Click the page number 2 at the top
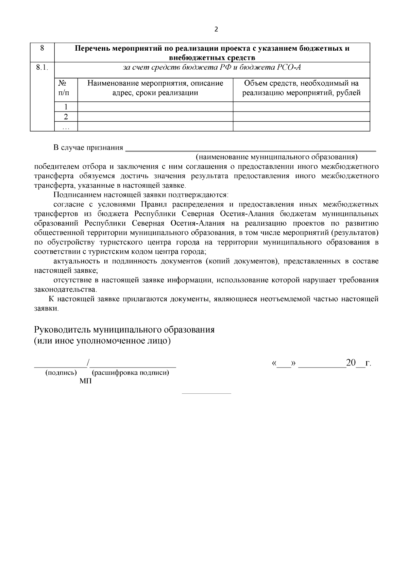tap(216, 29)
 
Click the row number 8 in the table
tap(42, 48)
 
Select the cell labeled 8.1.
tap(42, 67)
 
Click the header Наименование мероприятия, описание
tap(155, 83)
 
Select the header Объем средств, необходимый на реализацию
tap(301, 88)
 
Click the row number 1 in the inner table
tap(66, 107)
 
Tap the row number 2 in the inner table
tap(66, 117)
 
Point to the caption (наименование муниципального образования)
tap(276, 157)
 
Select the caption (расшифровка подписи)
tap(131, 373)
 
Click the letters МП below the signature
tap(86, 381)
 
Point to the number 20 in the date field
tap(351, 363)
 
